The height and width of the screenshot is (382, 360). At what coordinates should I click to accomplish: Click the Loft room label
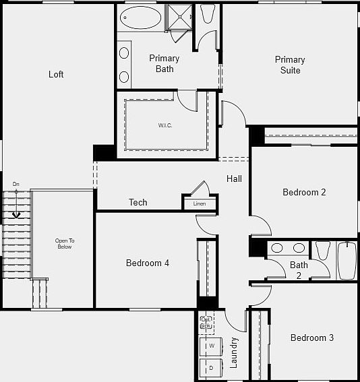[56, 74]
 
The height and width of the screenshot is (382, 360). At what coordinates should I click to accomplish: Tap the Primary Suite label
[289, 65]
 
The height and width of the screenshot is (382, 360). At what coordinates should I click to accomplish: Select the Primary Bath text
[164, 63]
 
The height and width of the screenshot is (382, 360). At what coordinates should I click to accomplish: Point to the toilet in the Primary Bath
[207, 14]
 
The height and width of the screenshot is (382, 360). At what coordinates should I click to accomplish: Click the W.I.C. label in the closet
[167, 125]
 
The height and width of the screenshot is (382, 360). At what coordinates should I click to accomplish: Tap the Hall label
[234, 179]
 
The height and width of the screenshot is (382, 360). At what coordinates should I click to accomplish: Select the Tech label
[138, 202]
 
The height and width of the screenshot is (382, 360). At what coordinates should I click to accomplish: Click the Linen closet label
[200, 203]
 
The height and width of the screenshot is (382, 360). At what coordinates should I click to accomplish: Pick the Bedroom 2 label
[304, 192]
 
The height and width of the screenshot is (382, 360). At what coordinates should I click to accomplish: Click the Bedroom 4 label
[147, 263]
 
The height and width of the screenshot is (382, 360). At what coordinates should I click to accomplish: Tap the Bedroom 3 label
[311, 338]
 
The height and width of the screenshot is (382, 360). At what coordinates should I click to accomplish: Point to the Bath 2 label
[299, 269]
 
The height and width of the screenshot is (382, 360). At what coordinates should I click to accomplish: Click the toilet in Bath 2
[322, 251]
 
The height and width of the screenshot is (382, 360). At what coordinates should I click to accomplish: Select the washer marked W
[211, 346]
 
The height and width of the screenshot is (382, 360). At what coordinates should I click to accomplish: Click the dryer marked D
[211, 368]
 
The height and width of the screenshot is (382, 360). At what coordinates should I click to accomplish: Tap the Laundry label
[234, 352]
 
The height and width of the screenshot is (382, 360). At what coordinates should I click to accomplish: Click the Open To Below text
[65, 244]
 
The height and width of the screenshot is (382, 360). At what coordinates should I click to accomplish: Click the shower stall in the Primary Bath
[179, 18]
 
